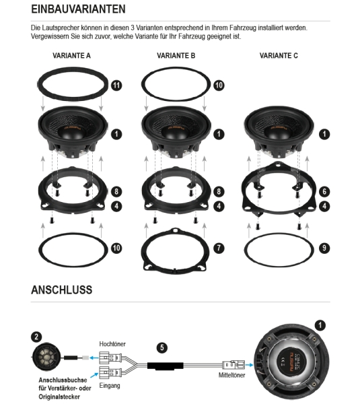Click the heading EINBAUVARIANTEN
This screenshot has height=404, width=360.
pyautogui.click(x=78, y=9)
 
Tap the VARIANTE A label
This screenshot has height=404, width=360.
pyautogui.click(x=71, y=56)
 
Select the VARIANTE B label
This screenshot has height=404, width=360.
pyautogui.click(x=176, y=56)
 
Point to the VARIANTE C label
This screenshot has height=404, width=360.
pyautogui.click(x=279, y=56)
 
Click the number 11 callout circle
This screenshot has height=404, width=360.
pyautogui.click(x=116, y=86)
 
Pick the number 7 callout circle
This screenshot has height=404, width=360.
pyautogui.click(x=219, y=248)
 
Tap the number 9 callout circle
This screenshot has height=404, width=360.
pyautogui.click(x=324, y=248)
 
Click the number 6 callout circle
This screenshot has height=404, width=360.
pyautogui.click(x=324, y=191)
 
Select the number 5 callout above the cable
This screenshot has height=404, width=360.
pyautogui.click(x=162, y=347)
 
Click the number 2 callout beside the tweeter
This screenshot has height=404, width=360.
pyautogui.click(x=36, y=337)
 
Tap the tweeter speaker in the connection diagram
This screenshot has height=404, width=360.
pyautogui.click(x=46, y=358)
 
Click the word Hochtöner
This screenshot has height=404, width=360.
pyautogui.click(x=112, y=344)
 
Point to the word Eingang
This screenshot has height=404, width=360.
pyautogui.click(x=110, y=386)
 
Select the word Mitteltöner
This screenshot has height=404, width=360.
pyautogui.click(x=231, y=375)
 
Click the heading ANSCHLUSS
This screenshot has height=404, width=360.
pyautogui.click(x=61, y=290)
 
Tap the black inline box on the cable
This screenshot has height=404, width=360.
pyautogui.click(x=166, y=366)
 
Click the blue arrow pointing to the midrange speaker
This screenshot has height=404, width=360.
pyautogui.click(x=250, y=365)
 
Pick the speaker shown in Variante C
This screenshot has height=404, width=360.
pyautogui.click(x=279, y=131)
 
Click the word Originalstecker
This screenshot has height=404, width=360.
pyautogui.click(x=59, y=397)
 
